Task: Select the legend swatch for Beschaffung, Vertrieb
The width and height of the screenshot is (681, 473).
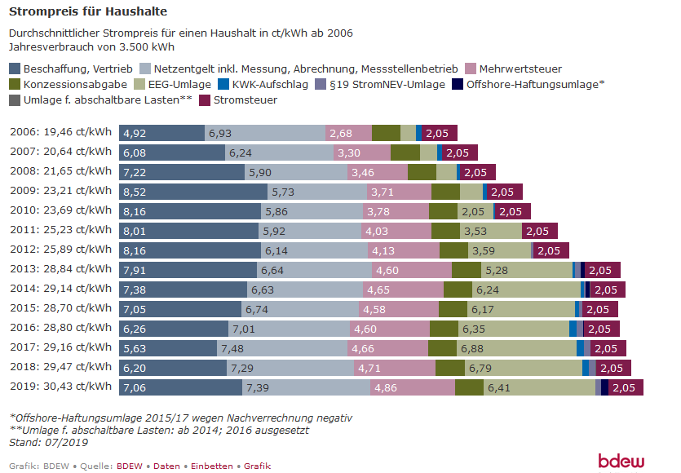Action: pos(15,69)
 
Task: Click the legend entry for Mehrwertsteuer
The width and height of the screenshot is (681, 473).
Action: pos(520,69)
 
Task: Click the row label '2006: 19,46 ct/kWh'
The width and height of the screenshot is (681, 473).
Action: pos(60,133)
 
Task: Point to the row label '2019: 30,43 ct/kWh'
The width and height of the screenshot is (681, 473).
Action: pos(60,387)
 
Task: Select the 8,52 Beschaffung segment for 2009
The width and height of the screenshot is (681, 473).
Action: pos(193,192)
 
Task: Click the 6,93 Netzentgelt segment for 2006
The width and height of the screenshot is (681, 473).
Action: pos(264,133)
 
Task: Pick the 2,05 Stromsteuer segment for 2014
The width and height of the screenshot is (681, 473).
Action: pos(608,290)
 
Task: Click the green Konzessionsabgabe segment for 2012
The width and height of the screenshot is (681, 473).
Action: pos(453,250)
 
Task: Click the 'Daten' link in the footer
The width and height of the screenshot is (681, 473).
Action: pos(166,466)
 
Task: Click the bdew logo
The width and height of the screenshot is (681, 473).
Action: pos(621,461)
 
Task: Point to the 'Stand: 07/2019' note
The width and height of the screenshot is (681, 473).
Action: pos(49,442)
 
